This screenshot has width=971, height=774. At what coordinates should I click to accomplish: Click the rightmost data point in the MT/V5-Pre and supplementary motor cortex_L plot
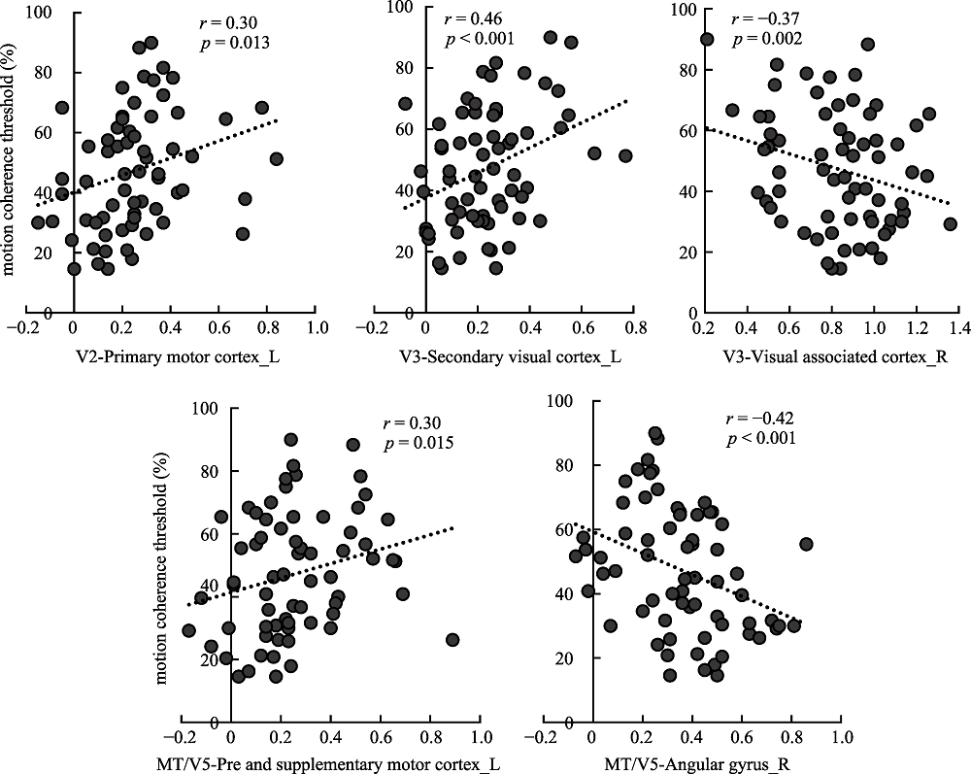point(452,640)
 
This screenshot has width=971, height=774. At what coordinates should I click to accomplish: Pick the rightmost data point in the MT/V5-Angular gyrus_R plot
point(806,544)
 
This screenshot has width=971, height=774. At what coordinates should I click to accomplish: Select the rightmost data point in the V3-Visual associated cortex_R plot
point(950,224)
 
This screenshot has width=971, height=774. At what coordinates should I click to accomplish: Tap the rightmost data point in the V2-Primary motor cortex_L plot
point(277,158)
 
